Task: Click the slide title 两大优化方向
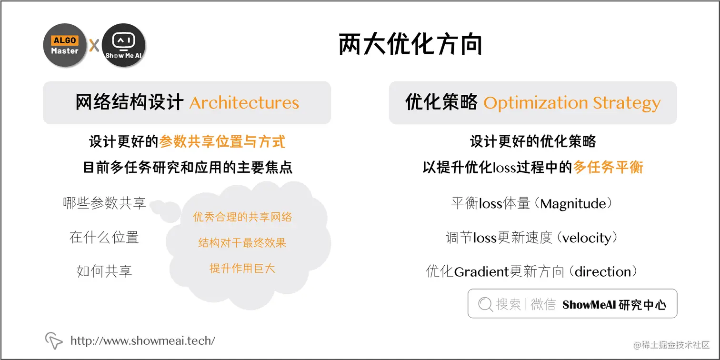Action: coord(410,45)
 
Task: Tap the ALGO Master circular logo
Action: coord(65,45)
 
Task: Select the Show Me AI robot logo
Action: coord(123,45)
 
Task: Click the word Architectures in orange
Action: coord(244,103)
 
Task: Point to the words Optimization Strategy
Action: coord(572,103)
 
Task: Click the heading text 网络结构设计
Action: coord(130,103)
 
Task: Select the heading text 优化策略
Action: coord(441,103)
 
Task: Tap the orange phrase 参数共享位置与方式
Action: coord(222,141)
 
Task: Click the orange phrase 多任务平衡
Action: coord(608,167)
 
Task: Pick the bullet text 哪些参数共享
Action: coord(104,203)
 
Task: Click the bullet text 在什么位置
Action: coord(104,237)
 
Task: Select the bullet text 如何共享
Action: coord(104,271)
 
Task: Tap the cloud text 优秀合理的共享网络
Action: coord(242,217)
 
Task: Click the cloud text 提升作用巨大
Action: coord(242,268)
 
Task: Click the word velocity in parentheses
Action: coord(587,238)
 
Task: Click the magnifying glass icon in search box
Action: coord(485,304)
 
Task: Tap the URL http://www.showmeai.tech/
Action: coord(143,340)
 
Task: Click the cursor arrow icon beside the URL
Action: coord(54,340)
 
